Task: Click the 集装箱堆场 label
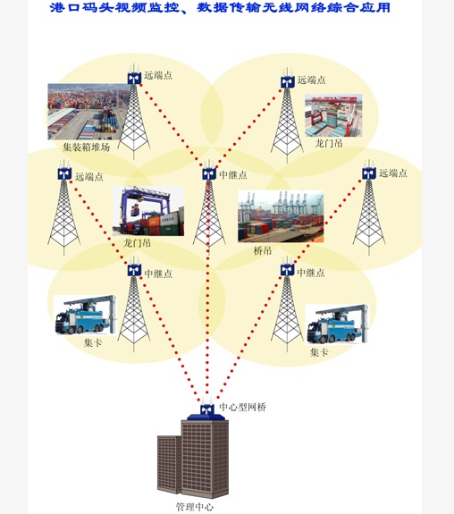86,147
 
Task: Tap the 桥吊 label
263,251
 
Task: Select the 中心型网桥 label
242,407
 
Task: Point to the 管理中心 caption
195,507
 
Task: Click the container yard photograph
88,112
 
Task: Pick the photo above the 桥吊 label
281,216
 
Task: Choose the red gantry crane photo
333,115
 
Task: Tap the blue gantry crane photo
148,211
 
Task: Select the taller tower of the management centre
205,459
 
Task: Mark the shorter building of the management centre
169,464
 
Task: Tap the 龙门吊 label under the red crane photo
329,143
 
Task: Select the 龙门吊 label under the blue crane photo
137,243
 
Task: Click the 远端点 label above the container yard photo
158,75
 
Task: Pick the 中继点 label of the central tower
233,174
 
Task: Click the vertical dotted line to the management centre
207,289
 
